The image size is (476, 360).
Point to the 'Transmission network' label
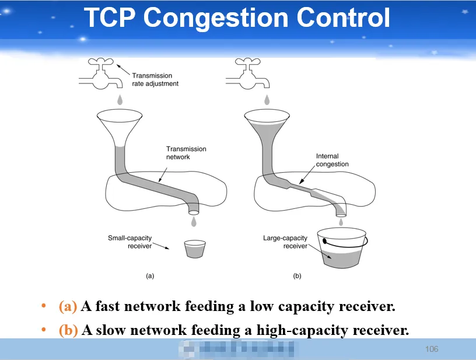(x=186, y=153)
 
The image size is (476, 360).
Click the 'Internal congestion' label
(x=332, y=160)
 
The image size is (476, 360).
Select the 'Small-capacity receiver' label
(x=129, y=242)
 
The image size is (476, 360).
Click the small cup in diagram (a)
(x=195, y=249)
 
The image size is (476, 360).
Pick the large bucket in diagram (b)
(x=342, y=249)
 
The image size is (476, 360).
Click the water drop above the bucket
(x=341, y=222)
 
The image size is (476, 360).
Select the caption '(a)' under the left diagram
(x=150, y=276)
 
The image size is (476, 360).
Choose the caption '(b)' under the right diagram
(x=297, y=276)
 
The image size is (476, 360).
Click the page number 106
(x=432, y=349)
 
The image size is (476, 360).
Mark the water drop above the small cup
(x=194, y=222)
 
